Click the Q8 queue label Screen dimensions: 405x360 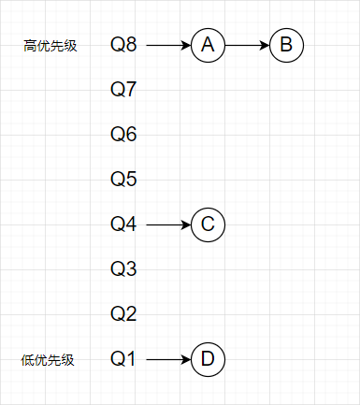123,45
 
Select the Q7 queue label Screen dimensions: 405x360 123,90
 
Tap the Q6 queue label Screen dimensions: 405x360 123,135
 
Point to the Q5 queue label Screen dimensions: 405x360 123,179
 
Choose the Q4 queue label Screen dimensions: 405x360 123,224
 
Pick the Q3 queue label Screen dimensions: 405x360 123,269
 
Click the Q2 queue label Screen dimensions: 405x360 123,313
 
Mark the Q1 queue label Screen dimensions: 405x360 123,358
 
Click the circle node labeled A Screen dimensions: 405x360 208,45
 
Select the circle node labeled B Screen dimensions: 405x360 286,45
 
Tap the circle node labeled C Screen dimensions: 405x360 208,224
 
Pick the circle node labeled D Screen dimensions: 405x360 208,358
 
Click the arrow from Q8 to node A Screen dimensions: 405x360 168,45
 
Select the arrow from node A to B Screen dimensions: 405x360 247,45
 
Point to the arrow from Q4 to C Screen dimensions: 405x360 168,224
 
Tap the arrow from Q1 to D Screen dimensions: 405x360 168,358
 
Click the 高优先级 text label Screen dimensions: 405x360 50,45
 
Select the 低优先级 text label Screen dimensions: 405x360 47,359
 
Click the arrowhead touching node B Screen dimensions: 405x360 265,45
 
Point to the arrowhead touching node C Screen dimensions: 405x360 186,224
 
